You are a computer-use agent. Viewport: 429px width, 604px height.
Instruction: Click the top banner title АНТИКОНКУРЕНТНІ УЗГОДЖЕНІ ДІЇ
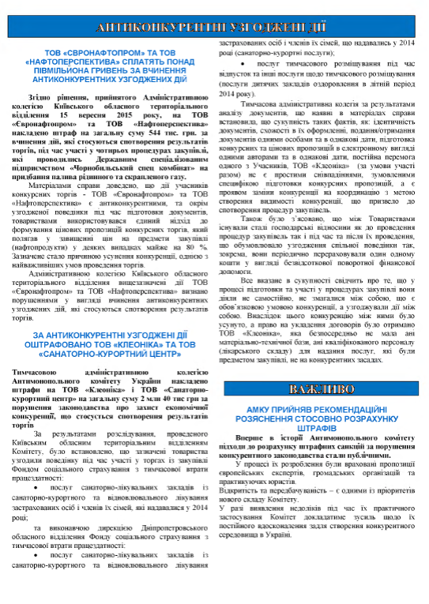tap(215, 26)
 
